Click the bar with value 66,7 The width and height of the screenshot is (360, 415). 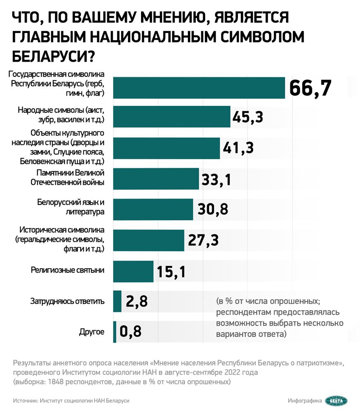pos(199,88)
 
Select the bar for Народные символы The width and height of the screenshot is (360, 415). pos(171,117)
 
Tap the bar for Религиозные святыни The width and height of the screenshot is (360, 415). pos(133,271)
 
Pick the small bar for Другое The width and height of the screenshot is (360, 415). pos(115,332)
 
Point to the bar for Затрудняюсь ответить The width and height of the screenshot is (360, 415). pos(117,301)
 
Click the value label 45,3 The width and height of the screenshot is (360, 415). pos(248,117)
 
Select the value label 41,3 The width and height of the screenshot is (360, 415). pos(238,148)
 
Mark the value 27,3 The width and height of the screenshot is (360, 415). pos(202,240)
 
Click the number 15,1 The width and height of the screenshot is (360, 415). pos(171,272)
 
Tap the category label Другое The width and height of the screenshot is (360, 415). pos(91,332)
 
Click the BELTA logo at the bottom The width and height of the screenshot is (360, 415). pos(336,401)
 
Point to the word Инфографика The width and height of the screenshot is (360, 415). pos(305,401)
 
